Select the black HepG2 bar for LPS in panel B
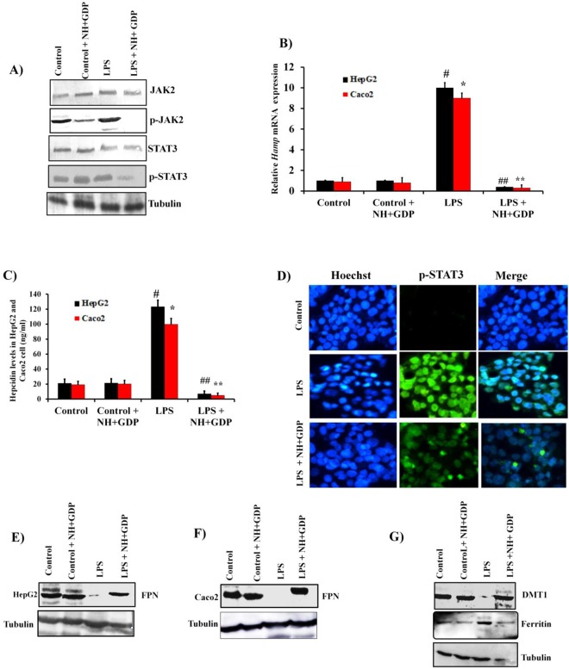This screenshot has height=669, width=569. pos(442,139)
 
